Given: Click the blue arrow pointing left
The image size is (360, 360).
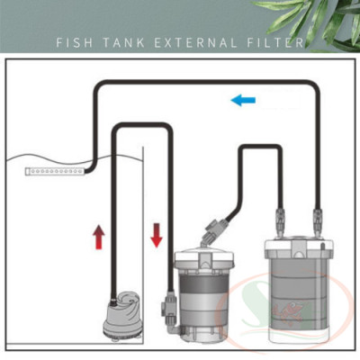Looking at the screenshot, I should (x=242, y=100).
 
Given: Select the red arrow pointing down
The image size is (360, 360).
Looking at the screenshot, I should (x=157, y=236).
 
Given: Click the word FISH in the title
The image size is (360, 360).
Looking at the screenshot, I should (x=74, y=42).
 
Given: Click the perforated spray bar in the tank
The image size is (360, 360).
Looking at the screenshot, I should (x=54, y=169).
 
